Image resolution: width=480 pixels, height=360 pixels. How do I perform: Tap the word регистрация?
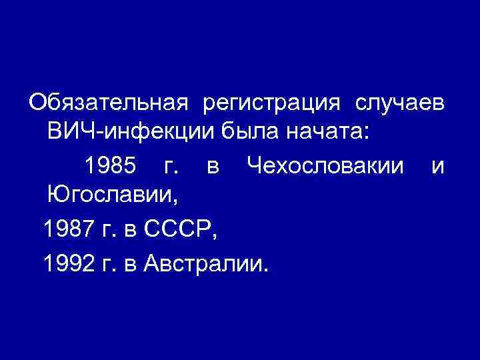point(275,103)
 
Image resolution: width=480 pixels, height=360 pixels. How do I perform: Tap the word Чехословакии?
point(325,165)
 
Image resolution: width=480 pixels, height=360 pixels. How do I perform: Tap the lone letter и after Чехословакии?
point(438,166)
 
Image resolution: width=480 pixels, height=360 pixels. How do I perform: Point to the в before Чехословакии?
point(213,166)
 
